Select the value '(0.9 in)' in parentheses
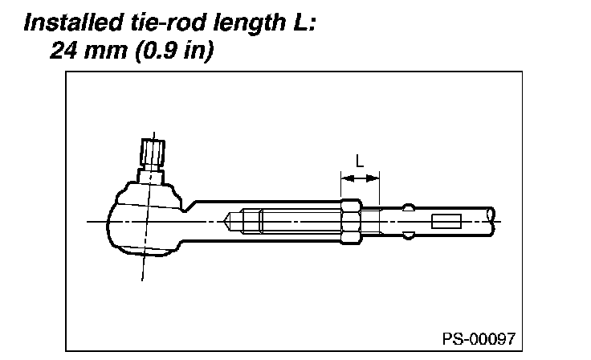(168, 51)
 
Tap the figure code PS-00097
(478, 337)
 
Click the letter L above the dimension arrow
(360, 159)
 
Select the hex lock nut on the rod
(350, 221)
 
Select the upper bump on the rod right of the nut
(409, 206)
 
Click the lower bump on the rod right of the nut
(409, 236)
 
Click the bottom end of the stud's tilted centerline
(143, 279)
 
